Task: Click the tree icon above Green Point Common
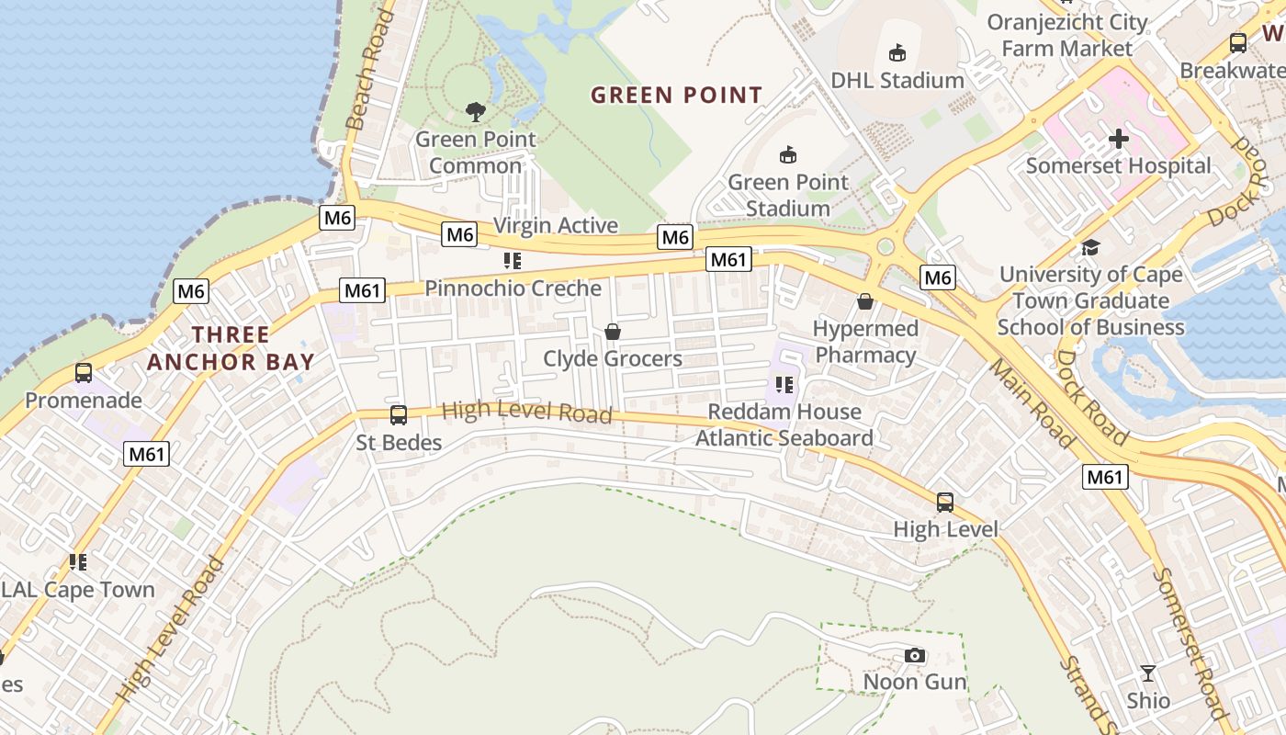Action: pos(475,112)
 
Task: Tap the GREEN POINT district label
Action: pos(676,95)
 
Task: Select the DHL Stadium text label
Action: pos(897,80)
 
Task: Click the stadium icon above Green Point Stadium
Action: pos(787,154)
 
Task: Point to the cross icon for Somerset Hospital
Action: pos(1118,139)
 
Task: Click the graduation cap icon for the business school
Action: pos(1090,247)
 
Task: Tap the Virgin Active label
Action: pos(556,225)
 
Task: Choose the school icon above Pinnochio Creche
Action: pos(513,261)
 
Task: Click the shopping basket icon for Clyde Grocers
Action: pos(612,332)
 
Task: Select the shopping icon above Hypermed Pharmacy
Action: pos(864,301)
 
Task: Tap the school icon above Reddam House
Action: pos(784,384)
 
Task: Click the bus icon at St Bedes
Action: pos(399,415)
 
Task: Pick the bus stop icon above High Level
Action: pos(945,503)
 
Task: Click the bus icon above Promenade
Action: pos(84,373)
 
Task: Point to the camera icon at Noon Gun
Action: pos(914,655)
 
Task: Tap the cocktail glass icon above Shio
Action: pos(1148,673)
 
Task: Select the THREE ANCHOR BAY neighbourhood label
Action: pos(231,348)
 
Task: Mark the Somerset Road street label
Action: pos(1191,643)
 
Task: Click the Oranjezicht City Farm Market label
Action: pos(1067,35)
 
